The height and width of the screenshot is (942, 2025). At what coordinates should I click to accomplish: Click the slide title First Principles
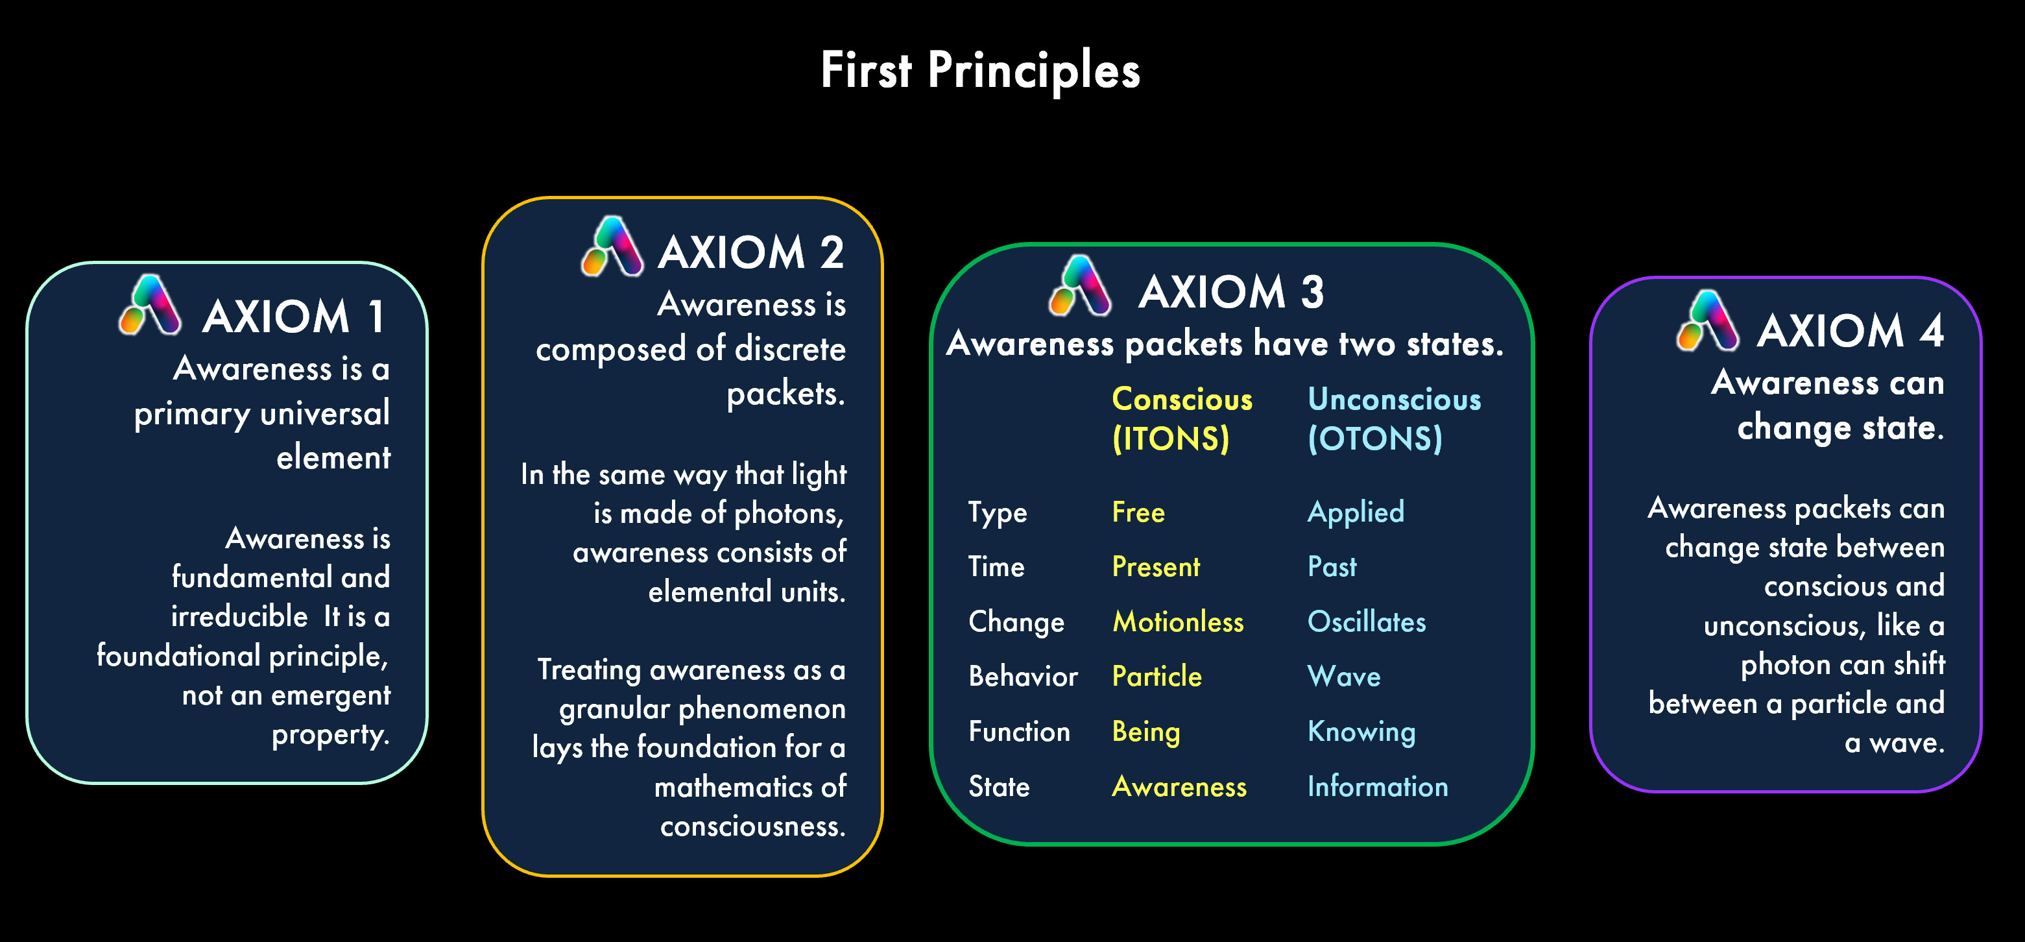[x=979, y=71]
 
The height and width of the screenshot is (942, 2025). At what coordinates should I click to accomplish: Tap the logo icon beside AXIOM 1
[x=149, y=305]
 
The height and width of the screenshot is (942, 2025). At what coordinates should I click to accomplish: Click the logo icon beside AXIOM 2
[x=612, y=247]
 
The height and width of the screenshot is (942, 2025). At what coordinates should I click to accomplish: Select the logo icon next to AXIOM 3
[x=1079, y=285]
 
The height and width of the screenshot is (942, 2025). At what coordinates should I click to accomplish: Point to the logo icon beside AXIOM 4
[x=1707, y=321]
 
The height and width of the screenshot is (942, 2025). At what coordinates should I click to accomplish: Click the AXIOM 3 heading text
[x=1230, y=293]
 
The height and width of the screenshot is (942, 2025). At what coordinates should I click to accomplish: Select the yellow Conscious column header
[x=1182, y=419]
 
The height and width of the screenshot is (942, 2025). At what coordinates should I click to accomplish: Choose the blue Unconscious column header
[x=1394, y=419]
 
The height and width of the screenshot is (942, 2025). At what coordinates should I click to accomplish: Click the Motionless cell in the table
[x=1178, y=622]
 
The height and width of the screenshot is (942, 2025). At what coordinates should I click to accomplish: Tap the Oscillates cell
[x=1366, y=622]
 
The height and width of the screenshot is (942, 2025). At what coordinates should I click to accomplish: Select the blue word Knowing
[x=1361, y=732]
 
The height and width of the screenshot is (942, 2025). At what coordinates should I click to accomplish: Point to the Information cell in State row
[x=1377, y=787]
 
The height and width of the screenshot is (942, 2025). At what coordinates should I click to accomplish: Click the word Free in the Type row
[x=1138, y=513]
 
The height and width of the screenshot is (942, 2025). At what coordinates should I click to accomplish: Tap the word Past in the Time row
[x=1332, y=567]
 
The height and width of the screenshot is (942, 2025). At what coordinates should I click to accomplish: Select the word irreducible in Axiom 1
[x=239, y=617]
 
